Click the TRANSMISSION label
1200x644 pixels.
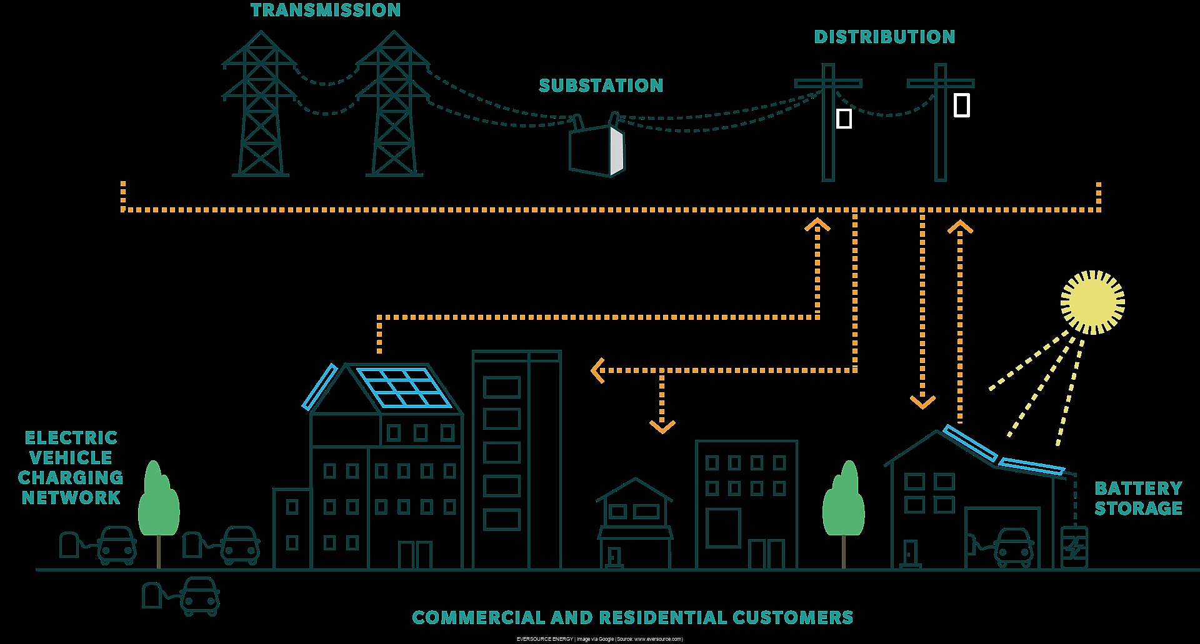click(x=326, y=11)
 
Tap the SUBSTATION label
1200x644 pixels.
click(x=601, y=86)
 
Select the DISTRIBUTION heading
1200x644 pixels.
click(x=884, y=37)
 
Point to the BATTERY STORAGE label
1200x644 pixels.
click(x=1138, y=498)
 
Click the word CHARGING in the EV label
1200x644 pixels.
click(x=71, y=478)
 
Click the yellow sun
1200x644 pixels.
click(x=1092, y=302)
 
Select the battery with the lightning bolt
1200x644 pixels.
click(x=1074, y=548)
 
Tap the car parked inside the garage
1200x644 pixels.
click(x=1013, y=547)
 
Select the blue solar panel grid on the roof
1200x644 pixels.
click(x=404, y=387)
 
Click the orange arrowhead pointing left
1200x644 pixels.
click(x=597, y=370)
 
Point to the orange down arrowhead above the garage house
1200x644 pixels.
click(x=922, y=401)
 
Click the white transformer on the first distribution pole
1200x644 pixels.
click(x=844, y=118)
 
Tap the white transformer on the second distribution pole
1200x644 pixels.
click(x=962, y=105)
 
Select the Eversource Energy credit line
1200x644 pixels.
click(x=599, y=639)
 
